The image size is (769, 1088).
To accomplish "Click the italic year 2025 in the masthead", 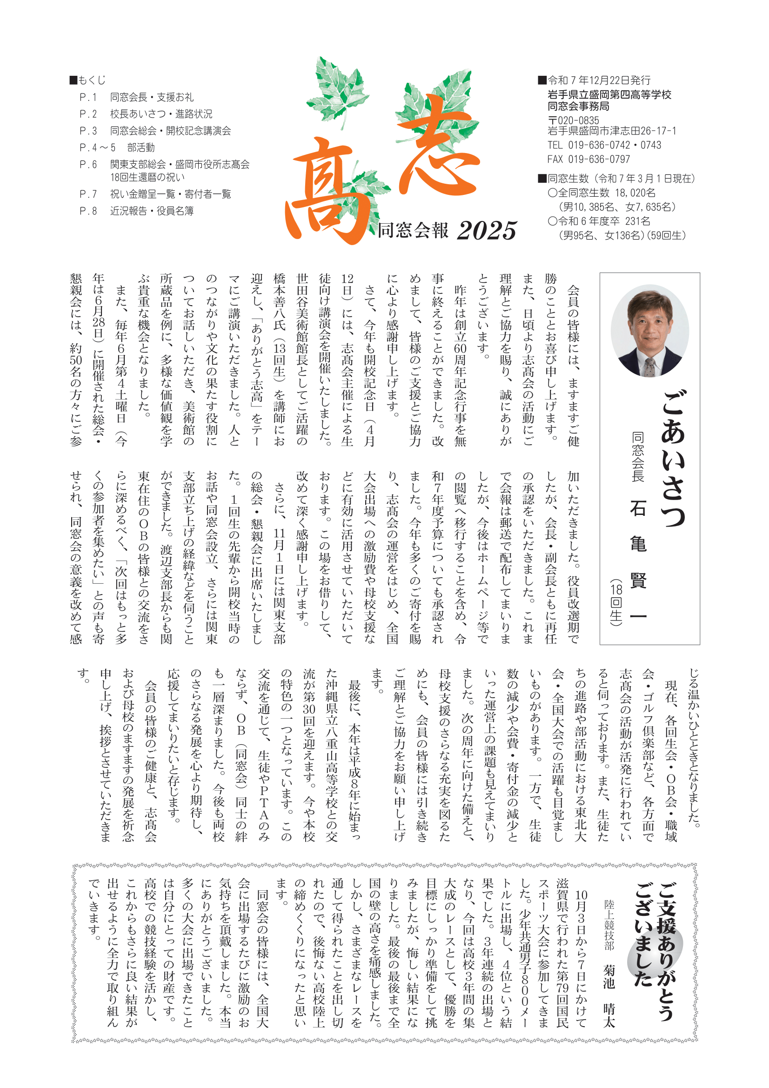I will pyautogui.click(x=486, y=231).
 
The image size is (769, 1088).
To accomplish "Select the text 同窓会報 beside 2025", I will pyautogui.click(x=413, y=231).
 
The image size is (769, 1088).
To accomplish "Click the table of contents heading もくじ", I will pyautogui.click(x=92, y=80).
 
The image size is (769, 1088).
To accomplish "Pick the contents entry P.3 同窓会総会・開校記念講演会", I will pyautogui.click(x=155, y=131).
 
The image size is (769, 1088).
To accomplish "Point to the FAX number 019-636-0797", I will pyautogui.click(x=588, y=159).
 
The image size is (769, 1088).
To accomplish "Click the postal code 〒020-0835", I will pyautogui.click(x=573, y=120).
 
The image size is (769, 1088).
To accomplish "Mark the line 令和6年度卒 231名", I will pyautogui.click(x=599, y=221).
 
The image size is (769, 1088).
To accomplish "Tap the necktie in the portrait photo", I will pyautogui.click(x=650, y=367).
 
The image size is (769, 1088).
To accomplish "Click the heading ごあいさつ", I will pyautogui.click(x=673, y=457).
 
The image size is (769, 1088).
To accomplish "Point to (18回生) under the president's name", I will pyautogui.click(x=615, y=602).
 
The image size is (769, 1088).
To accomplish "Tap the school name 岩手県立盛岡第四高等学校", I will pyautogui.click(x=609, y=95).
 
